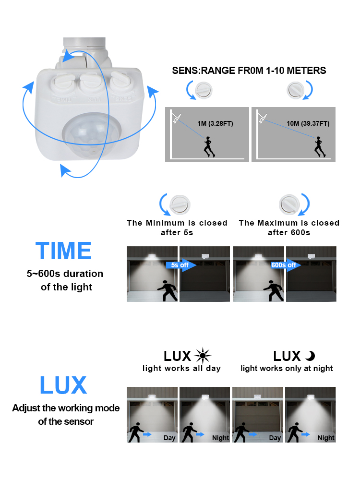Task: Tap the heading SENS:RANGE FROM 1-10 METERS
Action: click(249, 71)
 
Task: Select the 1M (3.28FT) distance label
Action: click(215, 124)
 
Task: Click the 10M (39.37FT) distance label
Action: click(308, 124)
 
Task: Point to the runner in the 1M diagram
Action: click(209, 146)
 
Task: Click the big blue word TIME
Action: click(63, 251)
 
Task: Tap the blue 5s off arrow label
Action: click(181, 265)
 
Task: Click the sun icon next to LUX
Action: click(203, 356)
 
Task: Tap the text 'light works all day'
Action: click(181, 369)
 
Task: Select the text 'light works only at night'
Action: click(287, 369)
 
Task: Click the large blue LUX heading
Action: click(63, 385)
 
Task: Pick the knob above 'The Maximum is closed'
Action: click(289, 204)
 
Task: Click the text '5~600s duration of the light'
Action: click(65, 280)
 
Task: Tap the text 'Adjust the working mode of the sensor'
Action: click(66, 415)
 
